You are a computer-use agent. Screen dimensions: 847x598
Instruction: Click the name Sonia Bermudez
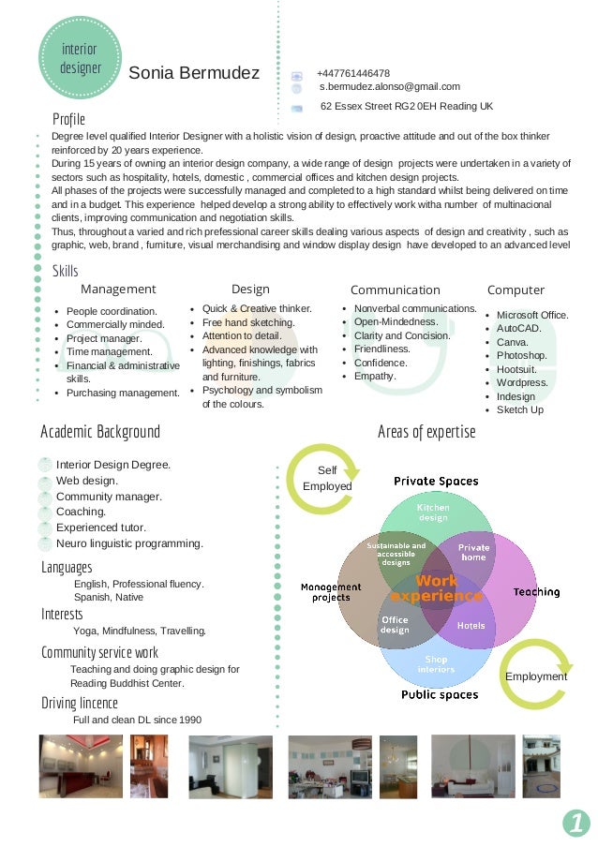[194, 73]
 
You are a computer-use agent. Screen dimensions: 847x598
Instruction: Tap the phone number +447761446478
[353, 73]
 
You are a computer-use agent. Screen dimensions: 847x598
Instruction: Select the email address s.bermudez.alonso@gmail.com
[390, 86]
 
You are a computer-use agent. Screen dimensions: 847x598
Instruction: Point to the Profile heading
[68, 119]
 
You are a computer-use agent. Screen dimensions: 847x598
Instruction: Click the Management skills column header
[118, 290]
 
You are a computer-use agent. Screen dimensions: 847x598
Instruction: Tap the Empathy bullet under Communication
[375, 376]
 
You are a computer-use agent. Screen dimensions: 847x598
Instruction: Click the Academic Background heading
[100, 432]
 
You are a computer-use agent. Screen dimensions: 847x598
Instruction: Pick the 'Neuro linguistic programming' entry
[129, 543]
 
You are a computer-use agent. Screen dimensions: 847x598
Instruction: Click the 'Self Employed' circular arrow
[322, 479]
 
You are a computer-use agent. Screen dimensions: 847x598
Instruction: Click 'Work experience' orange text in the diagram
[437, 588]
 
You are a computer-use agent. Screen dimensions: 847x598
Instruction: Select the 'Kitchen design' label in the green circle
[433, 513]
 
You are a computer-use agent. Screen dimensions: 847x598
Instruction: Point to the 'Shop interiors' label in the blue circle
[437, 664]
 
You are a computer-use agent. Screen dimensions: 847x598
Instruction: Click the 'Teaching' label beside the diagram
[536, 592]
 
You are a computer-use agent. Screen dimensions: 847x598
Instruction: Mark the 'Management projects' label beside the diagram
[331, 592]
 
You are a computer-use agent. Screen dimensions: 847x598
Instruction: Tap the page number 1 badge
[576, 823]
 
